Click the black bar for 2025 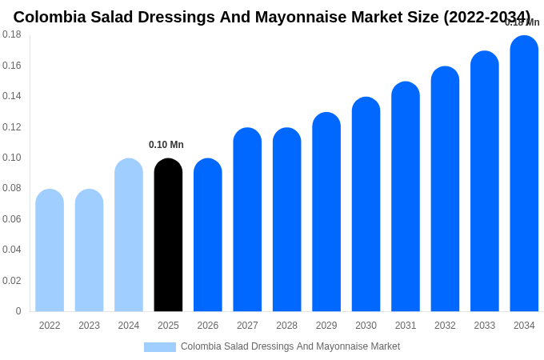[168, 235]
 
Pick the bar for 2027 [247, 220]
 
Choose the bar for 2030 [366, 205]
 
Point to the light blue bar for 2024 [129, 235]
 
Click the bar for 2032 [445, 189]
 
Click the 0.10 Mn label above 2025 [166, 145]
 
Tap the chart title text [272, 17]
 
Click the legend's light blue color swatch [160, 347]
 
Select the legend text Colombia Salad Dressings [290, 346]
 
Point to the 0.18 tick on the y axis [12, 34]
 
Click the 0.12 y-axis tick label [12, 127]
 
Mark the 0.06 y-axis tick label [12, 219]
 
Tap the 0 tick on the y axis [18, 311]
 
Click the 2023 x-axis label [89, 326]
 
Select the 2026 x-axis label [208, 326]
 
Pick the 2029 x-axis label [326, 326]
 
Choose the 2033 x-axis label [485, 326]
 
